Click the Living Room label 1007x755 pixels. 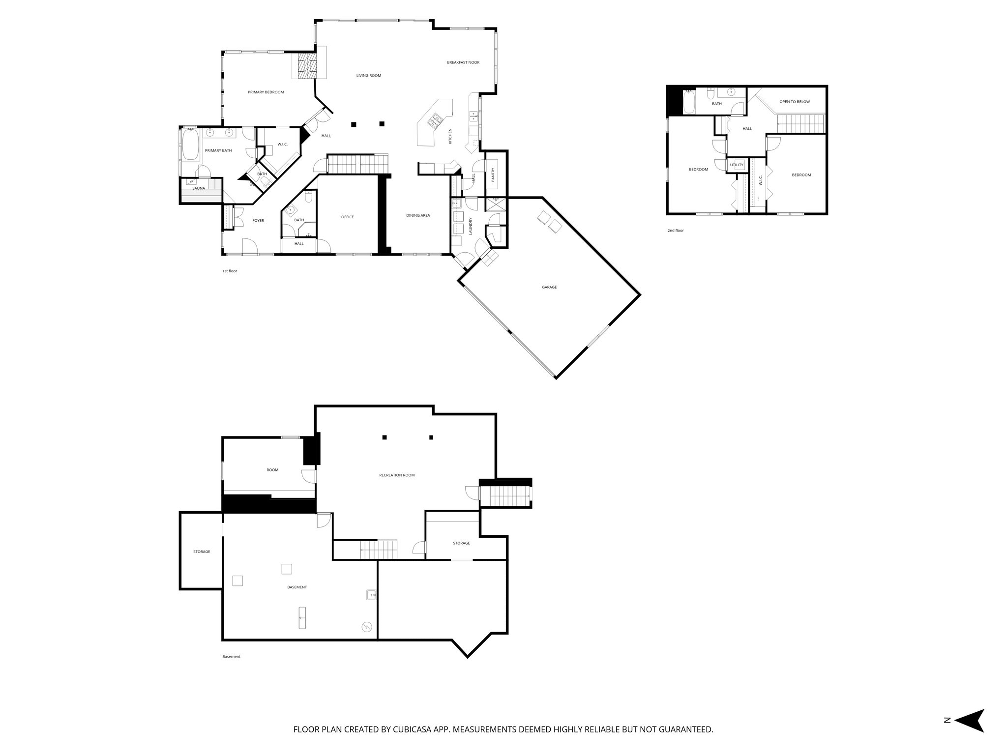pyautogui.click(x=369, y=76)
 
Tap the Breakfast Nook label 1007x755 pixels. pyautogui.click(x=463, y=62)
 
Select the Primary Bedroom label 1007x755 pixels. pyautogui.click(x=266, y=92)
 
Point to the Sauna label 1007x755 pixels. pyautogui.click(x=199, y=188)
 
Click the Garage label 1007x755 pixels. pyautogui.click(x=549, y=287)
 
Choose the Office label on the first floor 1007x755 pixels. pyautogui.click(x=347, y=217)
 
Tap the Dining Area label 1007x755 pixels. pyautogui.click(x=418, y=215)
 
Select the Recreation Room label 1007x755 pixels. pyautogui.click(x=397, y=475)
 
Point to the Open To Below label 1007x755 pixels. pyautogui.click(x=795, y=102)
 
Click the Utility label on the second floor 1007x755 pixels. pyautogui.click(x=737, y=165)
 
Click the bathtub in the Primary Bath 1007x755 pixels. pyautogui.click(x=191, y=145)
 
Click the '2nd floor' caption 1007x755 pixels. pyautogui.click(x=675, y=231)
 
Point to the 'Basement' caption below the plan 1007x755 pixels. pyautogui.click(x=231, y=657)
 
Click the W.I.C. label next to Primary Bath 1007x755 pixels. pyautogui.click(x=282, y=144)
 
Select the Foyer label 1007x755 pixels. pyautogui.click(x=258, y=221)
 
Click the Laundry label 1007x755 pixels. pyautogui.click(x=471, y=226)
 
